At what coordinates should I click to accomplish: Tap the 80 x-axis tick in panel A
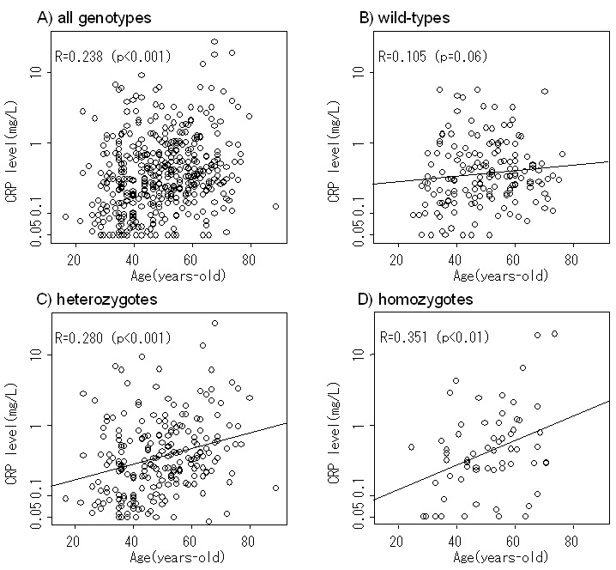pyautogui.click(x=249, y=260)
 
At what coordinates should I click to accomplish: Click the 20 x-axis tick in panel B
pyautogui.click(x=397, y=260)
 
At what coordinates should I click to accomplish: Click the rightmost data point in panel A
pyautogui.click(x=275, y=206)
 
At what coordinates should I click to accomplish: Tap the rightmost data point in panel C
pyautogui.click(x=275, y=488)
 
